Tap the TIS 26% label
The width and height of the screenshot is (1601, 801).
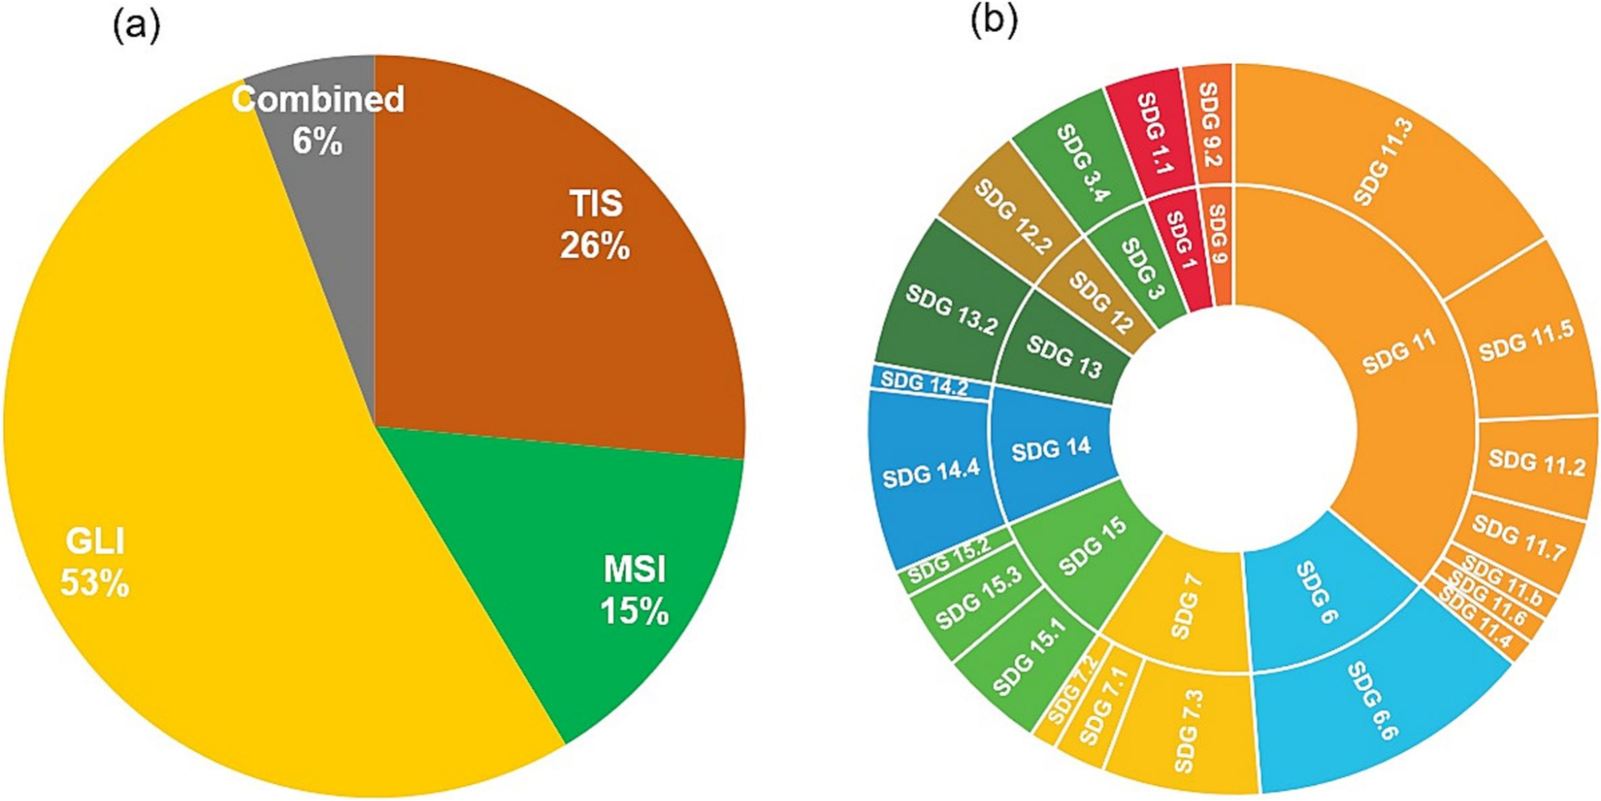(x=594, y=224)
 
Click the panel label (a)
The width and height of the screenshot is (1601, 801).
(x=136, y=26)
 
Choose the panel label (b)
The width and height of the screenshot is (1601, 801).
(x=993, y=21)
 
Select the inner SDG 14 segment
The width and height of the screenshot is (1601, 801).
(x=1051, y=449)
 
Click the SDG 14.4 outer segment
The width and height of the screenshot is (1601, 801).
(x=931, y=474)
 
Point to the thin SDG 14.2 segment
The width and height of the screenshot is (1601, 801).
(x=926, y=384)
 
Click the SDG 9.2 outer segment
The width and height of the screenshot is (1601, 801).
(x=1209, y=124)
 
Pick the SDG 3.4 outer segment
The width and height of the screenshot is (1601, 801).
(x=1081, y=160)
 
